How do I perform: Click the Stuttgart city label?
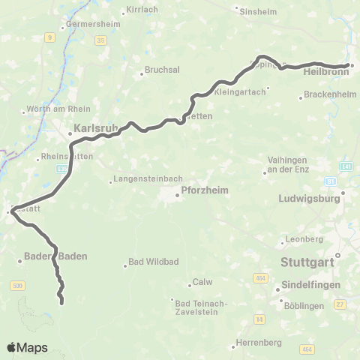click(309, 263)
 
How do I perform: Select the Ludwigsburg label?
click(310, 200)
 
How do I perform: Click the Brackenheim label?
click(328, 97)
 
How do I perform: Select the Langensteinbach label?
click(142, 181)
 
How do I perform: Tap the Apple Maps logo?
click(27, 348)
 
